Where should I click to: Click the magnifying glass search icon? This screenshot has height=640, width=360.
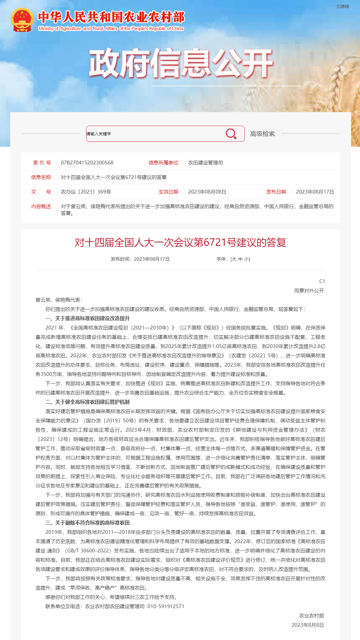pos(231,134)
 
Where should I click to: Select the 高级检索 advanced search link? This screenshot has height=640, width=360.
pos(262,134)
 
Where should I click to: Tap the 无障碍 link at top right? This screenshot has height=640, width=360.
pos(342,7)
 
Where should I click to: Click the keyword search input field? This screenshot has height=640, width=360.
pos(155,134)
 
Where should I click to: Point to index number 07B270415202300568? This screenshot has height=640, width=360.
pos(87,163)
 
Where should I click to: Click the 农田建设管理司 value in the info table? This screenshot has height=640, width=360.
pos(205,163)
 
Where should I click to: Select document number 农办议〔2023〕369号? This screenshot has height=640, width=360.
pos(86,192)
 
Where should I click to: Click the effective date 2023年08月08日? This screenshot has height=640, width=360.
pos(207,192)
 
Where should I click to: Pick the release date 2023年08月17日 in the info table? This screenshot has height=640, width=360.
pos(315,192)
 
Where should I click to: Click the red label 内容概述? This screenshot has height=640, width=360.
pos(41,206)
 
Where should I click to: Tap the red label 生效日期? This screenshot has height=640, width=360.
pos(168,192)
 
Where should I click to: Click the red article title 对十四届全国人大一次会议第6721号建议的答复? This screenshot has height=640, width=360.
pos(180,242)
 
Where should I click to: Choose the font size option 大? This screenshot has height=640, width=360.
pos(234,259)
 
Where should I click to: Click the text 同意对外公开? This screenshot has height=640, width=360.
pos(309,290)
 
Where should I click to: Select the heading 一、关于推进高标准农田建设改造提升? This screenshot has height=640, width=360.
pos(87,318)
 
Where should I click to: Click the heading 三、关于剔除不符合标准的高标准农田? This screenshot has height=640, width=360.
pos(87,523)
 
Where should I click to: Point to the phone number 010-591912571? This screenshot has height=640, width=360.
pos(166,606)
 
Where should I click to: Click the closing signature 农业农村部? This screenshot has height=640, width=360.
pos(311,616)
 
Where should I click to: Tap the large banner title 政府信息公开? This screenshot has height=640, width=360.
pos(181,63)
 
